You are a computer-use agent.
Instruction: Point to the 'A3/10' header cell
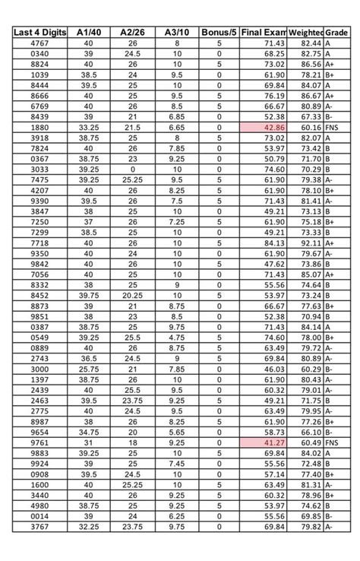176,33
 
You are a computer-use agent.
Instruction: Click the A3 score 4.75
176,337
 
